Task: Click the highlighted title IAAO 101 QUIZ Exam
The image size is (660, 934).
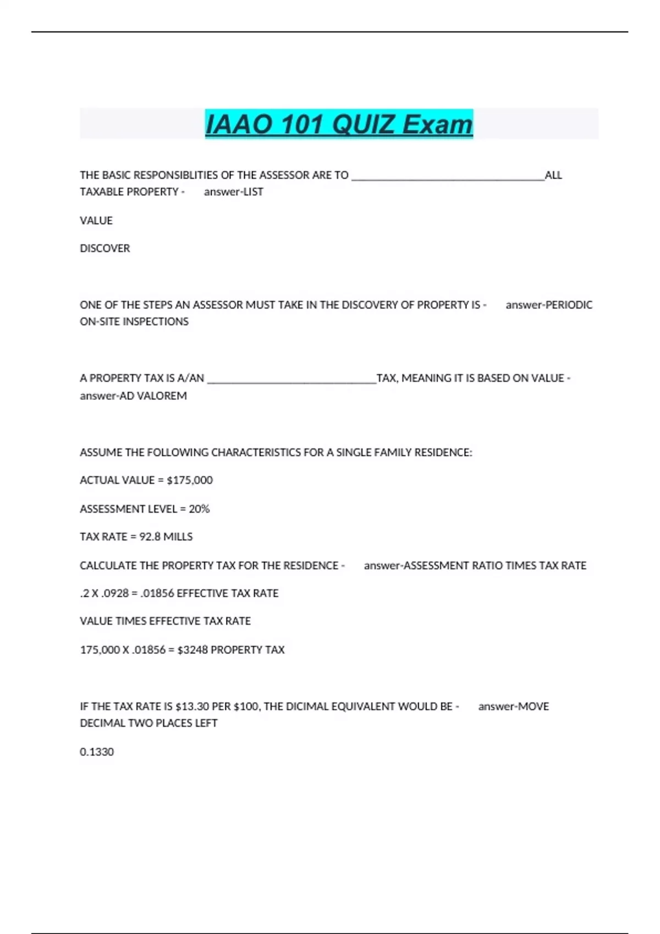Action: tap(339, 124)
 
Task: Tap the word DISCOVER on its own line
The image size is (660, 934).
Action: tap(105, 248)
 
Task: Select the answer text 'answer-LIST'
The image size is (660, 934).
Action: tap(233, 192)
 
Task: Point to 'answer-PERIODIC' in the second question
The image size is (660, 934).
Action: tap(549, 305)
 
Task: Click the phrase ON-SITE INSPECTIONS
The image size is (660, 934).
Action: tap(134, 321)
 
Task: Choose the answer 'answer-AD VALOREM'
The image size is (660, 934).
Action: tap(133, 396)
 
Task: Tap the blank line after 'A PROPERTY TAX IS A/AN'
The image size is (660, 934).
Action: tap(291, 379)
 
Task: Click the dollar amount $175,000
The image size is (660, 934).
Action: tap(189, 480)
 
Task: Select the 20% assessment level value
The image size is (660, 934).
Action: tap(199, 509)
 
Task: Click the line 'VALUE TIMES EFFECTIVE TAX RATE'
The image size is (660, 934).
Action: tap(165, 621)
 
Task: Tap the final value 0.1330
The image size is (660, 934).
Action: tap(97, 752)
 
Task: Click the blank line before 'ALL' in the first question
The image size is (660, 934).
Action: tap(448, 176)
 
